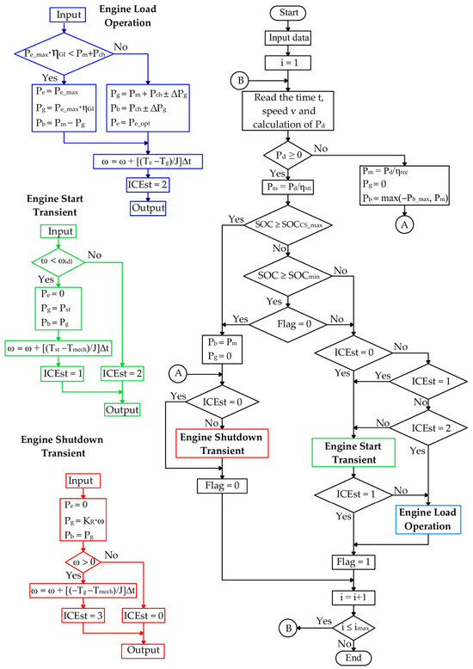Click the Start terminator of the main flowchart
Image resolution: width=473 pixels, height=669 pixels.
tap(288, 13)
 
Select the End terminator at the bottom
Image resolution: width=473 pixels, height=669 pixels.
tap(353, 658)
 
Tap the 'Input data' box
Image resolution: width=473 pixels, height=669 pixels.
tap(288, 38)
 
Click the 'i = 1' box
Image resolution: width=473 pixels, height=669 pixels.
tap(288, 63)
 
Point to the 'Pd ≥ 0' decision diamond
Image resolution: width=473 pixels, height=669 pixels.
tap(288, 155)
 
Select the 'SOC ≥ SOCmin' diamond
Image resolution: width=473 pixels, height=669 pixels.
tap(288, 276)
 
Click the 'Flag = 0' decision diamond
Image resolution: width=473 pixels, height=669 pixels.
tap(288, 324)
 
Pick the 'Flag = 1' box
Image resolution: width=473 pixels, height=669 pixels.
tap(353, 562)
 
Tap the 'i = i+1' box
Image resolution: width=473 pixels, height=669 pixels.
tap(353, 598)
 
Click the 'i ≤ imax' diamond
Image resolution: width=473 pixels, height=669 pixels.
tap(353, 628)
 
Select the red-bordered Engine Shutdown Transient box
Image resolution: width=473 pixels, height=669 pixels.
tap(222, 444)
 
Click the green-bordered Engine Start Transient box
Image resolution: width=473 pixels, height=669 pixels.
tap(353, 452)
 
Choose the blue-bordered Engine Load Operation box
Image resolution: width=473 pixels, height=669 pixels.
tap(427, 519)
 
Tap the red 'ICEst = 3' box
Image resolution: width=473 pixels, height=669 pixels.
tap(83, 616)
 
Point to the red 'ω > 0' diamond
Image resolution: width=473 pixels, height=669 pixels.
tap(83, 562)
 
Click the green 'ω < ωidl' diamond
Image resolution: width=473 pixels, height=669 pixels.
tap(58, 261)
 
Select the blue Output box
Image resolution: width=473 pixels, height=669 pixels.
tap(148, 208)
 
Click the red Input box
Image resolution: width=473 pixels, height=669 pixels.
tap(83, 481)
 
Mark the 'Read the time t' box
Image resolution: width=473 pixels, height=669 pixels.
tap(288, 111)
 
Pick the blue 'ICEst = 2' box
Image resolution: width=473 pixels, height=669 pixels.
tap(148, 185)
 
